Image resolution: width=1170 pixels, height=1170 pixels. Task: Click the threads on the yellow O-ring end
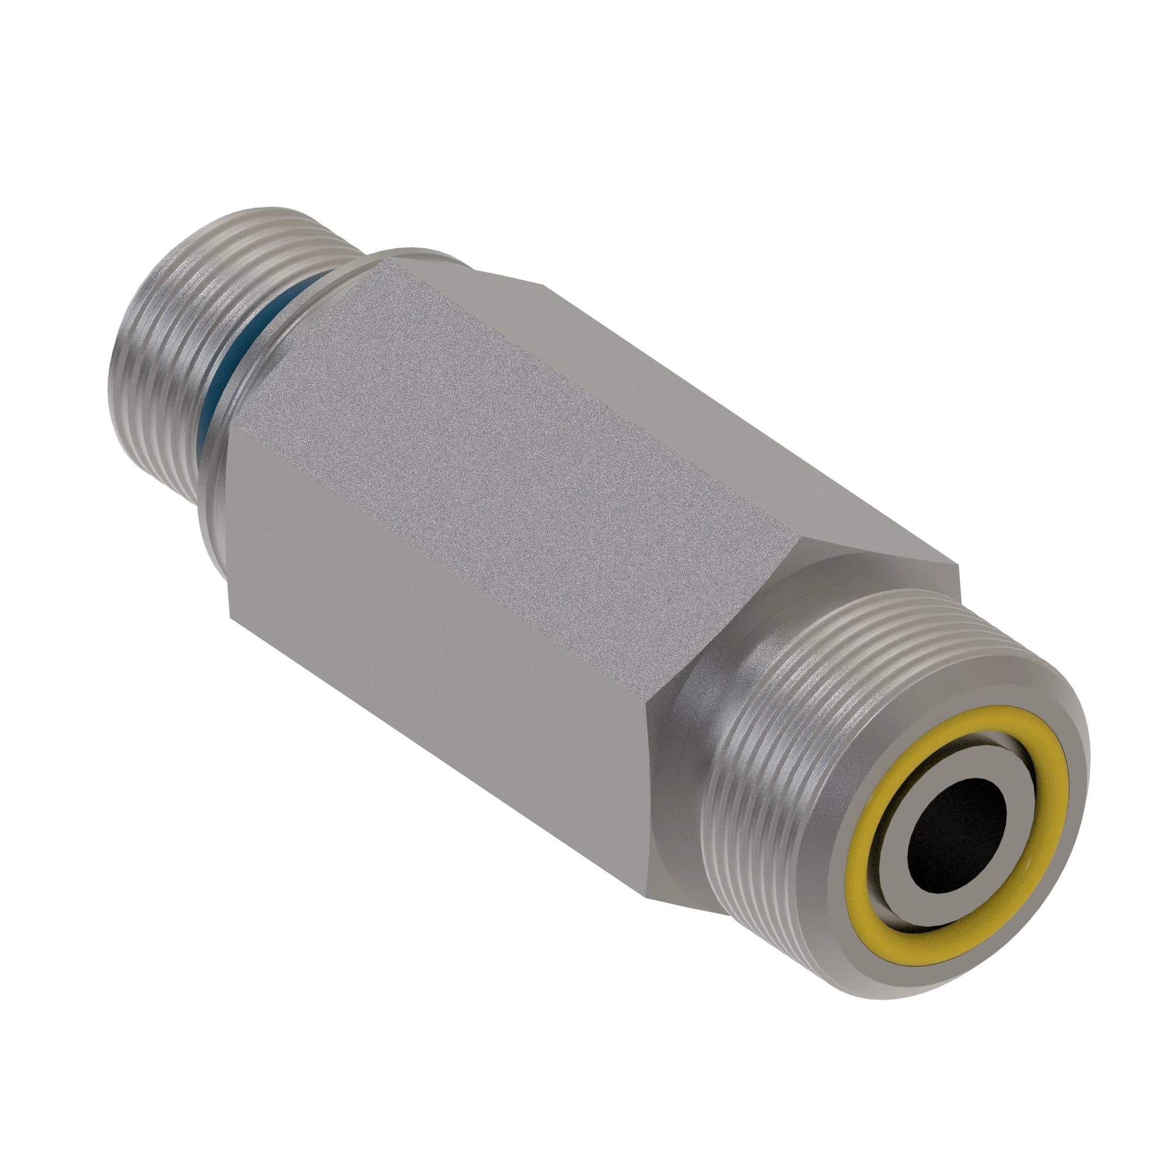point(787,727)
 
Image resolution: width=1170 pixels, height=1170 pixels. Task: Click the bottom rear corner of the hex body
point(230,615)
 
